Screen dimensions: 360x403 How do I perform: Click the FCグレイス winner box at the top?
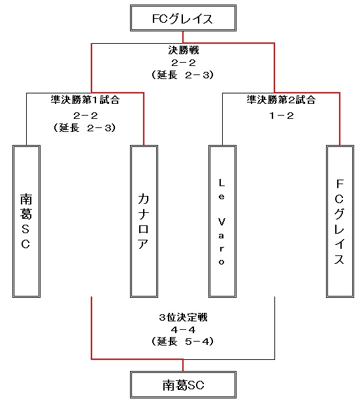[183, 18]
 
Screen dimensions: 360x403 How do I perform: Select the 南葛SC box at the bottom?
[183, 385]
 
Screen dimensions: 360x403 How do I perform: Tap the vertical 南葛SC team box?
[27, 221]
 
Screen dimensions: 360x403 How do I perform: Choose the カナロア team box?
[144, 221]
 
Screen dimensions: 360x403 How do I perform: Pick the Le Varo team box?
[222, 221]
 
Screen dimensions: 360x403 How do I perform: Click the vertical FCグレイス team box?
[340, 221]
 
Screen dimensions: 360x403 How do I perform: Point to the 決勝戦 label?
[184, 50]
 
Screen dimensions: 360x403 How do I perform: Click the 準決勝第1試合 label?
[85, 100]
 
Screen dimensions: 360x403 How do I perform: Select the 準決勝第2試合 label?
[281, 100]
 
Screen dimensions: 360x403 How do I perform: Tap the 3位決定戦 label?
[183, 317]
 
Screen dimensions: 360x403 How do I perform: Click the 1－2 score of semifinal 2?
[282, 116]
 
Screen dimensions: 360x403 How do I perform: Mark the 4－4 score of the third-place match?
[183, 329]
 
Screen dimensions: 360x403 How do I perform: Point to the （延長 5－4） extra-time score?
[182, 342]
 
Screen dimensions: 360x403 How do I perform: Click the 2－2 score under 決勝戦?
[184, 63]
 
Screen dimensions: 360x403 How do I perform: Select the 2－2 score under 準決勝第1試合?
[86, 116]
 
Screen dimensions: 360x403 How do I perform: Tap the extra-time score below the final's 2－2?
[182, 75]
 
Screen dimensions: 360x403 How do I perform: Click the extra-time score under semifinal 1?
[84, 127]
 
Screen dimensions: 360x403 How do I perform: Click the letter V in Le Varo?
[221, 221]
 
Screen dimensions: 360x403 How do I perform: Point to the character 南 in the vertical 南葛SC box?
[26, 199]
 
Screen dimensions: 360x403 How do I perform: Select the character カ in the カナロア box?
[144, 199]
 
